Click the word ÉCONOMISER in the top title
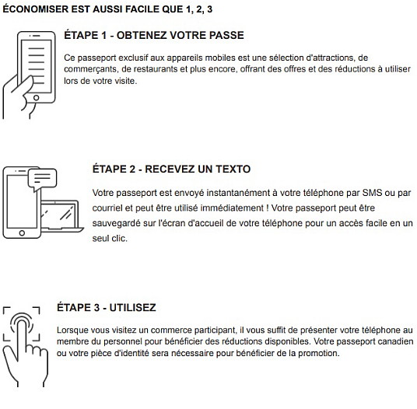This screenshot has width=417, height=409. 36,9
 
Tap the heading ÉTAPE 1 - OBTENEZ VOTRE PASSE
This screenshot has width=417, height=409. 154,35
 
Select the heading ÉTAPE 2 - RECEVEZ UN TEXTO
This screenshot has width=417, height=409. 171,169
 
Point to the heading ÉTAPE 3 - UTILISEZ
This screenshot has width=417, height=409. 107,307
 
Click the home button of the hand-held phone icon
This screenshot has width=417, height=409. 36,98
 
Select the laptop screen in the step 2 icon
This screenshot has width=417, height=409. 58,214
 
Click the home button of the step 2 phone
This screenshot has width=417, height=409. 22,233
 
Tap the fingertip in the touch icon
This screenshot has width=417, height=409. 22,323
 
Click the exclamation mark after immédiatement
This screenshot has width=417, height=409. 268,208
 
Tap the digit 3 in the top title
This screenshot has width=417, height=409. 210,9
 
